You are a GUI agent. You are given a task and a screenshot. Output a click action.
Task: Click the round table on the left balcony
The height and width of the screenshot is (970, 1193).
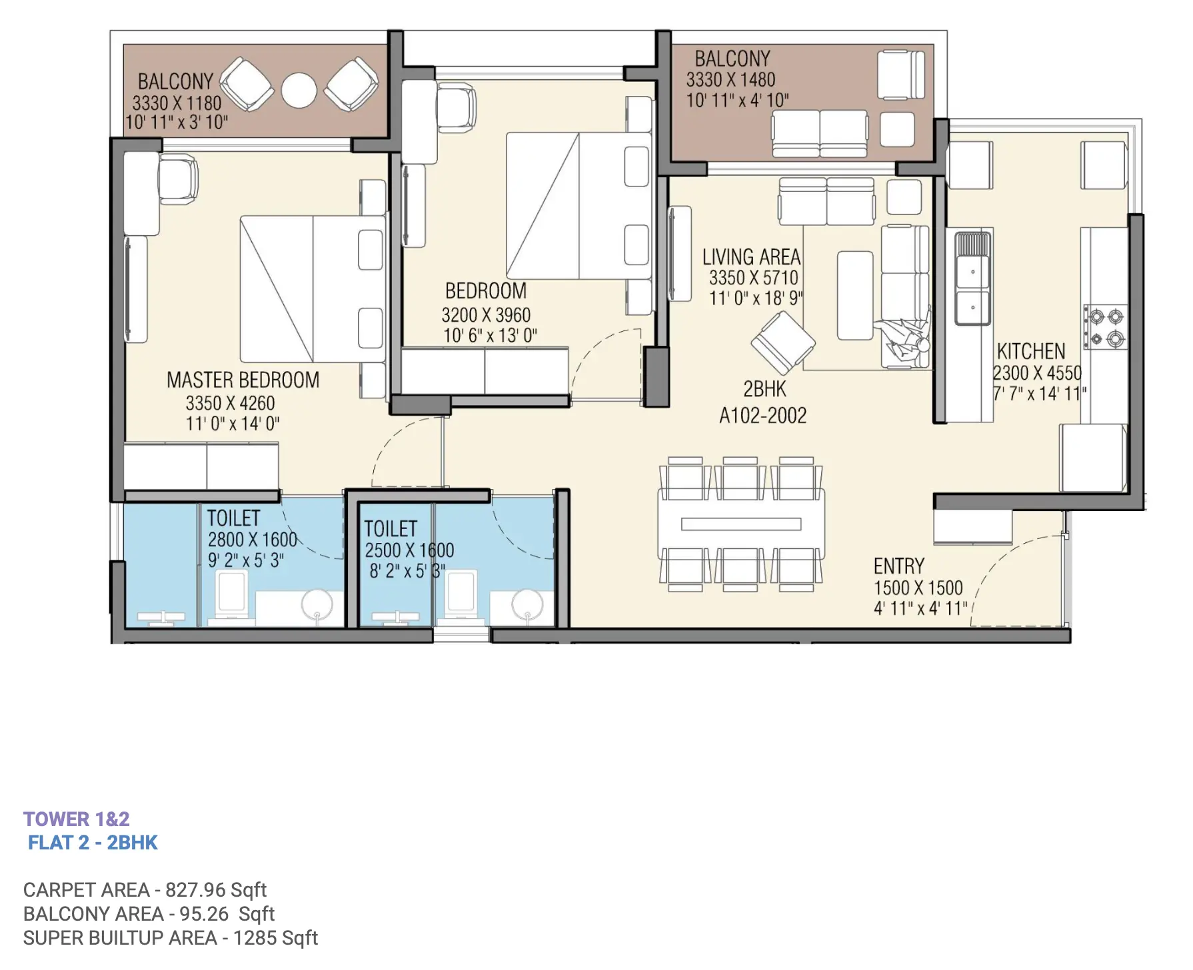[299, 91]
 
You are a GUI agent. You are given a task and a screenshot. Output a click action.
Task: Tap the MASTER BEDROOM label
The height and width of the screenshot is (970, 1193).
[243, 380]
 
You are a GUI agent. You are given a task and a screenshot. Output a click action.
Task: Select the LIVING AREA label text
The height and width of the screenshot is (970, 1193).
[752, 257]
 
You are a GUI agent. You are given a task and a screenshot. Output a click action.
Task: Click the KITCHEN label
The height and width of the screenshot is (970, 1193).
[1031, 351]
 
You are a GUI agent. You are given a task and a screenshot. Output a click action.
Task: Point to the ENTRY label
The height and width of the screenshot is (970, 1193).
[899, 566]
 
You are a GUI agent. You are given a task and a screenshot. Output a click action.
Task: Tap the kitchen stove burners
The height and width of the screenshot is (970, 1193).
[1106, 326]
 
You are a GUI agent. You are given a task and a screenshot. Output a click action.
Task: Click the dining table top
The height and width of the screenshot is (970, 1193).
[741, 524]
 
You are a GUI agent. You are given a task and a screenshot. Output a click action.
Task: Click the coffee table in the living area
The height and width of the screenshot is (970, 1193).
[855, 295]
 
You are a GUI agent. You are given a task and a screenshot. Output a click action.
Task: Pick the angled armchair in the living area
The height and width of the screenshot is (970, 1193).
[783, 342]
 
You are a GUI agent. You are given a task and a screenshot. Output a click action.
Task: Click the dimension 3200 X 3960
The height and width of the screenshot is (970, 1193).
[486, 314]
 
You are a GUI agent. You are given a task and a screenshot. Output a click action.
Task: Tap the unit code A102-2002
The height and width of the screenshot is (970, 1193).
[763, 416]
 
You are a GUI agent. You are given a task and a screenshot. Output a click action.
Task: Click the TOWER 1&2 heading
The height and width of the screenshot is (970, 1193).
[77, 819]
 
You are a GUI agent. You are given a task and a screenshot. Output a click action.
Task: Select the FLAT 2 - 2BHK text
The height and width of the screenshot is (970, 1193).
[93, 843]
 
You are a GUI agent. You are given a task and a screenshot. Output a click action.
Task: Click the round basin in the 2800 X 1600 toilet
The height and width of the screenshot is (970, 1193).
[317, 605]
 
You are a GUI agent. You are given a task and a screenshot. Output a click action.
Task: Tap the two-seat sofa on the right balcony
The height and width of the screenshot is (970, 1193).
[820, 134]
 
